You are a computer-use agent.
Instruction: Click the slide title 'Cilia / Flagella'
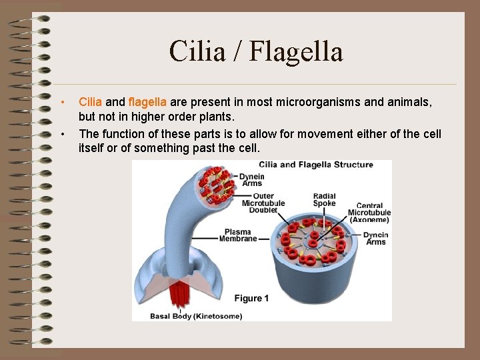(255, 51)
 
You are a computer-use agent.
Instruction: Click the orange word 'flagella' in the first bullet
(147, 103)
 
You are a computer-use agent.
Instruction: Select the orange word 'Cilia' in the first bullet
(90, 103)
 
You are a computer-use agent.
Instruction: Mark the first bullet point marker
(62, 103)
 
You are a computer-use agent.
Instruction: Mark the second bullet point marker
(62, 134)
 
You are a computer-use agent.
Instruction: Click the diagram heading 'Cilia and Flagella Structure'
(316, 165)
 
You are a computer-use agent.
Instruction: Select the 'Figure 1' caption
(251, 298)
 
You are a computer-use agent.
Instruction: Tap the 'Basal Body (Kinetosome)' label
(195, 316)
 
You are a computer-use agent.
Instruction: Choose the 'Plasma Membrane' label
(238, 235)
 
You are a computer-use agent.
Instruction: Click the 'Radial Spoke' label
(324, 200)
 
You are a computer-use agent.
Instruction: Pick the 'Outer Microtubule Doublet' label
(263, 203)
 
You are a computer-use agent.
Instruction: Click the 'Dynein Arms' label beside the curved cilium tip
(253, 180)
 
